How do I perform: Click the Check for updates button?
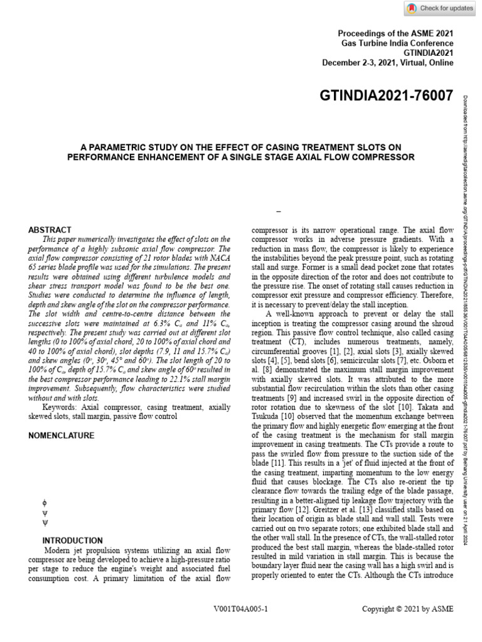coord(439,8)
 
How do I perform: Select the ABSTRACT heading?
coord(50,230)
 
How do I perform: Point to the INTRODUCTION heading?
coord(73,540)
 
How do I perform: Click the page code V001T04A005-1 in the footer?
coord(241,609)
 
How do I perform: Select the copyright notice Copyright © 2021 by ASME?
coord(408,609)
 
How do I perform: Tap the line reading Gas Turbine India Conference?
coord(397,43)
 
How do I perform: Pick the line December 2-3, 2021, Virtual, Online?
coord(387,63)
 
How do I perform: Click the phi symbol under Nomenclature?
coord(44,502)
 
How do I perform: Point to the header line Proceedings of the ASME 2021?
coord(395,33)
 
